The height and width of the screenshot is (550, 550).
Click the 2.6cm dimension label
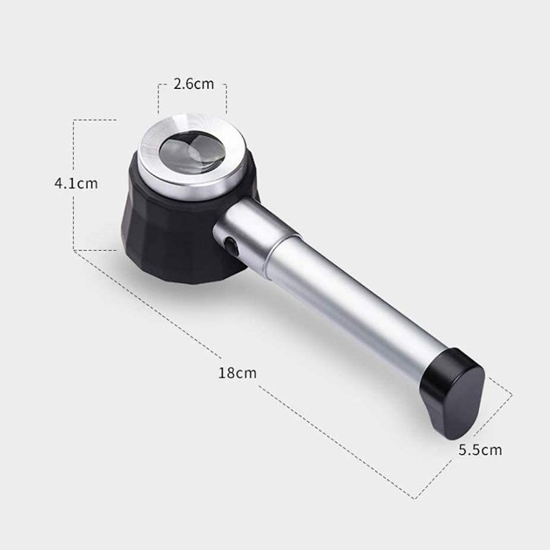[193, 84]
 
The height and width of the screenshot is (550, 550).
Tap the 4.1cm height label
[76, 183]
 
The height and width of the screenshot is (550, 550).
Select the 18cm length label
[237, 373]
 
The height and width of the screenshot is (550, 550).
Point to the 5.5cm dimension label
[480, 450]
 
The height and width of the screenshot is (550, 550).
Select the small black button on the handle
[230, 244]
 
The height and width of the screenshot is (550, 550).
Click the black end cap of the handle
[452, 393]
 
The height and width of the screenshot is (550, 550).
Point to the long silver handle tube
[354, 309]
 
